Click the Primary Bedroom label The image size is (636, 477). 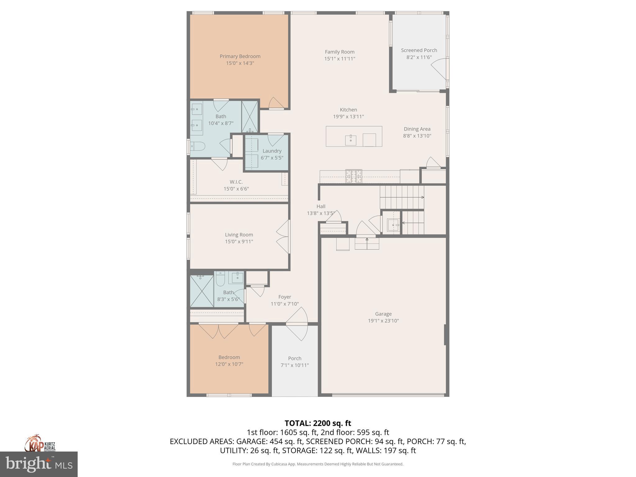[240, 56]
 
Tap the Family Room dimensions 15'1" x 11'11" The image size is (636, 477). [339, 59]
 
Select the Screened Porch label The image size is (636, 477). [419, 50]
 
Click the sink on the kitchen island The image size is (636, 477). [351, 140]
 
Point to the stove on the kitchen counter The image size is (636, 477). [354, 176]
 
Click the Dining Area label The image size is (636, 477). [417, 129]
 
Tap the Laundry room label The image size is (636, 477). [272, 151]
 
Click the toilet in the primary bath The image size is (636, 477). [198, 146]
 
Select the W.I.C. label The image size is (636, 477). [236, 182]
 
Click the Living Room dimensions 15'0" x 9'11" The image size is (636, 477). [239, 242]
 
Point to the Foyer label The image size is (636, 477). [284, 297]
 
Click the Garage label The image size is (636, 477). [383, 314]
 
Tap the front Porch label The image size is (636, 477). [294, 358]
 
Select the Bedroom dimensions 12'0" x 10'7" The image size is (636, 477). [229, 364]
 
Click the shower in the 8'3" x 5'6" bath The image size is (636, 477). [202, 291]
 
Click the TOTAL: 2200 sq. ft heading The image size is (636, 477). [318, 423]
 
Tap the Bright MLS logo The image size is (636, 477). [39, 464]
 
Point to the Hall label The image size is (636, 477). [321, 207]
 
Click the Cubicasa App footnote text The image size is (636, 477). [318, 464]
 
